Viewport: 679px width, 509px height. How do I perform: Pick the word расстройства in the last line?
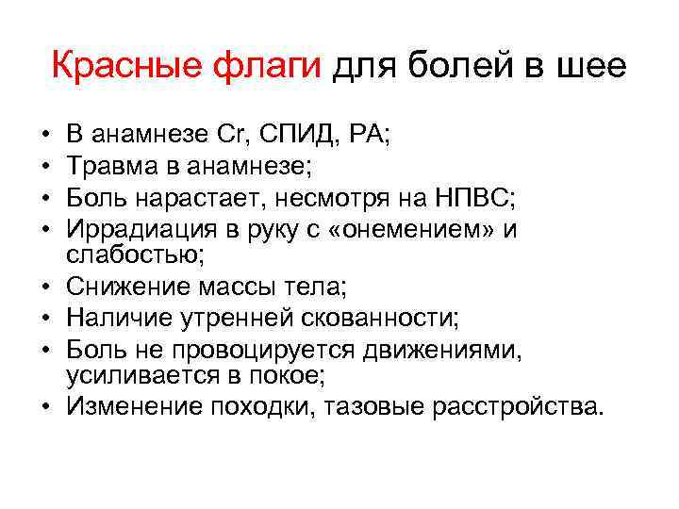pos(518,406)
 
